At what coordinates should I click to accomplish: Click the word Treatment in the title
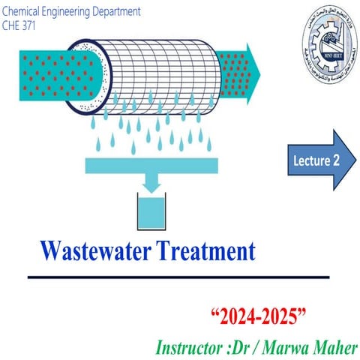click(203, 250)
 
